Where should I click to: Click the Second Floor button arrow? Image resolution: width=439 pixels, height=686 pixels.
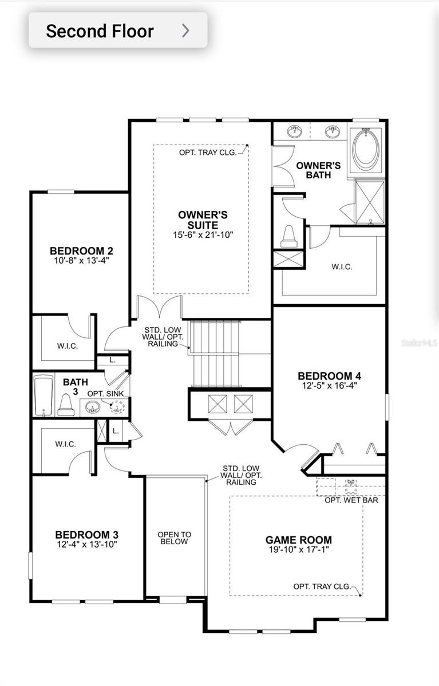pyautogui.click(x=185, y=30)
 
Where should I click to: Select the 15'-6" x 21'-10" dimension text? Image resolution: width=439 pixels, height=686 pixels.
pyautogui.click(x=203, y=234)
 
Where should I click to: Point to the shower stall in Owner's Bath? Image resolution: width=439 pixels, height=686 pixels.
pyautogui.click(x=370, y=202)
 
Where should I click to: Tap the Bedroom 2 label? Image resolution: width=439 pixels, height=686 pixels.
pyautogui.click(x=81, y=250)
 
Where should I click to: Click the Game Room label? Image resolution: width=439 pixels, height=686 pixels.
pyautogui.click(x=298, y=540)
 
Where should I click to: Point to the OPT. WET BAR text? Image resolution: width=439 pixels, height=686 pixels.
pyautogui.click(x=351, y=500)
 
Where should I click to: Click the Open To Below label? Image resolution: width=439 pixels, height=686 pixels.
pyautogui.click(x=175, y=538)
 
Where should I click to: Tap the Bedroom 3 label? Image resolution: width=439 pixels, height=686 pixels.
pyautogui.click(x=86, y=535)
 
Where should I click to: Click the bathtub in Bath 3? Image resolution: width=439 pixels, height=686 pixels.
pyautogui.click(x=42, y=394)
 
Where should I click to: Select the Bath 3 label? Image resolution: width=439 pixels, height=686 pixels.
pyautogui.click(x=73, y=386)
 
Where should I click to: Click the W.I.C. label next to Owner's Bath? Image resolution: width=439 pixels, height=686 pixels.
pyautogui.click(x=342, y=266)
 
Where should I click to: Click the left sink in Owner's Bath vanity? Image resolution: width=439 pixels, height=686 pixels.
pyautogui.click(x=295, y=131)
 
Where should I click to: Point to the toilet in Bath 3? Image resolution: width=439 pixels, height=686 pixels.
pyautogui.click(x=64, y=405)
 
